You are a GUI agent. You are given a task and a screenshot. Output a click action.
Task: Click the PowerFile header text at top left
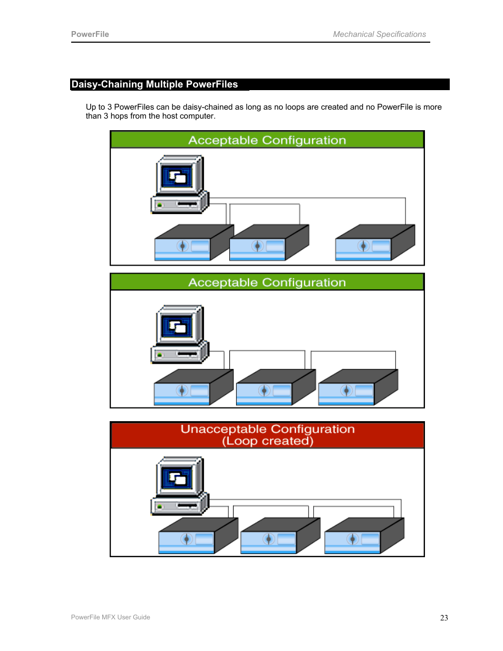pos(90,34)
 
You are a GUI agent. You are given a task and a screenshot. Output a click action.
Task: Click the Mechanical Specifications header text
pos(379,34)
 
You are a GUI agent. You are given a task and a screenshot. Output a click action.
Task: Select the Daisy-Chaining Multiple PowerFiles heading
pos(154,84)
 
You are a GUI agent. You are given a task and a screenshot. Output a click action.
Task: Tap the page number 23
pos(444,618)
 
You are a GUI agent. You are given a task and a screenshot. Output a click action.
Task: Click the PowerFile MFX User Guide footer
pos(110,617)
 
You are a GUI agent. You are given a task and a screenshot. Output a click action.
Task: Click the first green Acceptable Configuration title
pos(267,140)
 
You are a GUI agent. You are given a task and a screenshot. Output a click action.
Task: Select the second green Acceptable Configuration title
pos(267,283)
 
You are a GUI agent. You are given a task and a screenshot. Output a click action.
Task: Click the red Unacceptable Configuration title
pos(267,429)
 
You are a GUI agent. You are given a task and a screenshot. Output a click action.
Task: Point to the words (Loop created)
pos(267,441)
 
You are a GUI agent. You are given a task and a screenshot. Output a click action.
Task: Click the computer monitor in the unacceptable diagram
pos(179,478)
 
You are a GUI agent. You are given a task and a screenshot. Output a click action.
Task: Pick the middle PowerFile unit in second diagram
pos(275,387)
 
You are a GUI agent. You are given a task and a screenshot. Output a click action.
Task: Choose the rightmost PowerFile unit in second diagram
pos(357,387)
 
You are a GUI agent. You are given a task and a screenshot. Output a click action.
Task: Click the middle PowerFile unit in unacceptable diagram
pos(279,536)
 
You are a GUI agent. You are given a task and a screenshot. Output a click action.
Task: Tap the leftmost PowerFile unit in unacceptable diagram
pos(198,536)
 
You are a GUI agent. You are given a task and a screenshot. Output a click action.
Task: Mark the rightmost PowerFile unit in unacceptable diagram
pos(364,536)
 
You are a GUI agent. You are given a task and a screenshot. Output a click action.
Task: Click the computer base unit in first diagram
pos(179,203)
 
